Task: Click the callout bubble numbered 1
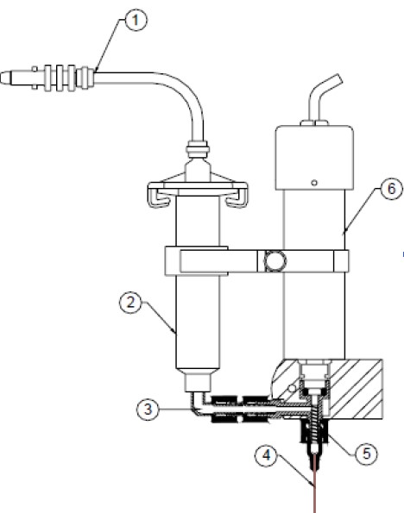point(136,20)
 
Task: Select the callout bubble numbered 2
point(130,303)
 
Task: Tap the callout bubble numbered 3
point(148,409)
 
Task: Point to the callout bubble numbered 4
point(266,455)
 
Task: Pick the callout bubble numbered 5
point(366,454)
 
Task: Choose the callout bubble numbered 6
point(392,189)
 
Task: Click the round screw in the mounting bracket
point(275,261)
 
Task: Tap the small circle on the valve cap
point(314,183)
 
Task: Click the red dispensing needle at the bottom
point(315,483)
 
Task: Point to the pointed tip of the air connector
point(1,78)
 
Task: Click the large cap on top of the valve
point(314,158)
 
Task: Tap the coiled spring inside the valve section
point(316,423)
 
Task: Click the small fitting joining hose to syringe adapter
point(197,150)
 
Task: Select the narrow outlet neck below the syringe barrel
point(198,382)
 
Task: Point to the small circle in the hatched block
point(291,389)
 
